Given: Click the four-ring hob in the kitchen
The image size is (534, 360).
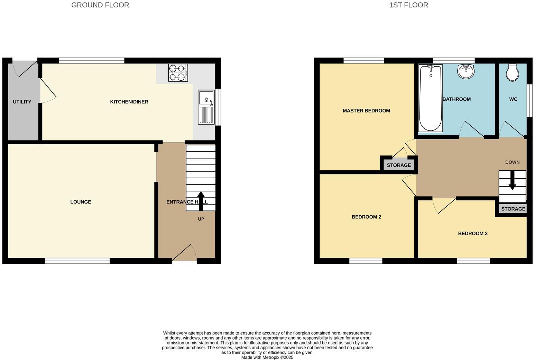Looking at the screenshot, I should pyautogui.click(x=178, y=73).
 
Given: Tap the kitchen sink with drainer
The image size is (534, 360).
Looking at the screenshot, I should pyautogui.click(x=206, y=107).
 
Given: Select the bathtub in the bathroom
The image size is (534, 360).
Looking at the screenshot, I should pyautogui.click(x=430, y=98).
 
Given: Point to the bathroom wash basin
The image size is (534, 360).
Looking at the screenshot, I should pyautogui.click(x=466, y=72).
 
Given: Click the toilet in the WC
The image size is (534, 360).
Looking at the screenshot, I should pyautogui.click(x=513, y=72).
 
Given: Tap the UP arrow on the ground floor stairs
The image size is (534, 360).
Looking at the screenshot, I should pyautogui.click(x=201, y=201).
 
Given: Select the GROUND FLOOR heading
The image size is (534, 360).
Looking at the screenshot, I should pyautogui.click(x=100, y=5).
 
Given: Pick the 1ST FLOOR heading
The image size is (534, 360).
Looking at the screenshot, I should pyautogui.click(x=408, y=5).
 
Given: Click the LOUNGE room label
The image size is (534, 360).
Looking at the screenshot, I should pyautogui.click(x=81, y=202).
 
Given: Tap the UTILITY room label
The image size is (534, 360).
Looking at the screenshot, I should pyautogui.click(x=22, y=102).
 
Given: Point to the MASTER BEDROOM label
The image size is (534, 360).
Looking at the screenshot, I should pyautogui.click(x=366, y=111).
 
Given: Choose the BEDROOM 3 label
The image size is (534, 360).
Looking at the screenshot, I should pyautogui.click(x=472, y=233).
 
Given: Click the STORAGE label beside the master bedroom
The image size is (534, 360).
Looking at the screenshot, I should pyautogui.click(x=399, y=165).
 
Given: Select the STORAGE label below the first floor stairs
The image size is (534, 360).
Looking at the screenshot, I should pyautogui.click(x=513, y=209).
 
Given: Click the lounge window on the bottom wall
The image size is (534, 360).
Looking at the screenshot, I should pyautogui.click(x=77, y=261).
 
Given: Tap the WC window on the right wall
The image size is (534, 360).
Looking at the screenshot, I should pyautogui.click(x=529, y=101).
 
